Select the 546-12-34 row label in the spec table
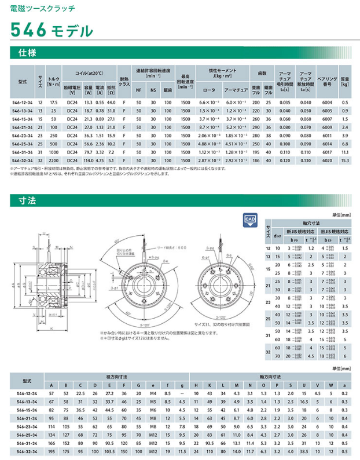(x=23, y=102)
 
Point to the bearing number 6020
(x=326, y=159)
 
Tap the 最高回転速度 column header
(x=185, y=82)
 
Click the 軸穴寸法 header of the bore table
(x=311, y=222)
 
